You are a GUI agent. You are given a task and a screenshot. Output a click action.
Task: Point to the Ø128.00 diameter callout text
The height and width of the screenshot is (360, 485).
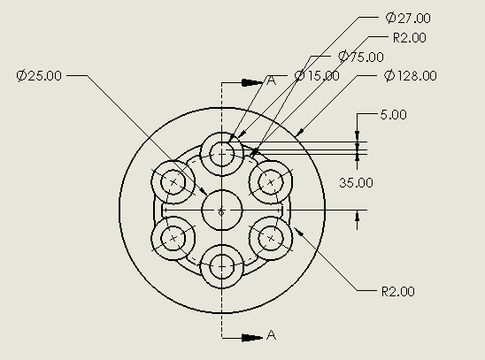click(x=410, y=76)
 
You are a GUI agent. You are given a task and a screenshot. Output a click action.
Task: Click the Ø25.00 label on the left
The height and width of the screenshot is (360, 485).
click(x=39, y=76)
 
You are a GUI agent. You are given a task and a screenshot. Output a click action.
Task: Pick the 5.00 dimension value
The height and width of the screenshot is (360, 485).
click(x=393, y=115)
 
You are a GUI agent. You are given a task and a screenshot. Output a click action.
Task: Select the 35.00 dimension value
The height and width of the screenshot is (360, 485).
click(x=357, y=183)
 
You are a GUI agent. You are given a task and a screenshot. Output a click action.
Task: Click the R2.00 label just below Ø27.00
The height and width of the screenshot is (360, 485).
click(x=409, y=38)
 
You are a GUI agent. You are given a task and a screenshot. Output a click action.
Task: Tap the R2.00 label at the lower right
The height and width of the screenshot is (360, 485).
click(x=396, y=291)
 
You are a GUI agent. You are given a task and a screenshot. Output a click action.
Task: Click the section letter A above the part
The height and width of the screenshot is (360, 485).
click(x=272, y=80)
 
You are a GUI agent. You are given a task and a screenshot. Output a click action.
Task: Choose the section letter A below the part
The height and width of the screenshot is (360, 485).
click(x=272, y=335)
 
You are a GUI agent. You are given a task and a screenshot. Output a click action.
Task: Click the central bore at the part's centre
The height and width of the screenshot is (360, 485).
click(x=221, y=211)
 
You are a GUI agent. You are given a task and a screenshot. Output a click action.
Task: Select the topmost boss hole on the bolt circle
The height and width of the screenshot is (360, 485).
click(x=221, y=154)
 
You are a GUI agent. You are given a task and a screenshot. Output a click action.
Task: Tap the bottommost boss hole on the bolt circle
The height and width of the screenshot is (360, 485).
click(x=221, y=266)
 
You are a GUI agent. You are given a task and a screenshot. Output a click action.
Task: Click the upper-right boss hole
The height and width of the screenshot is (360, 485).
click(x=270, y=182)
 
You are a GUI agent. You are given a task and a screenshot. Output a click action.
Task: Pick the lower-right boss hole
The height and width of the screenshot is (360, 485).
click(x=270, y=238)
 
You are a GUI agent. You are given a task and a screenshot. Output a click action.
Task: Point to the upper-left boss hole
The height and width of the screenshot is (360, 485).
click(x=173, y=182)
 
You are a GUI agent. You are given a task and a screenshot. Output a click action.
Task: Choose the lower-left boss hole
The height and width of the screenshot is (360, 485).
click(x=173, y=238)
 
